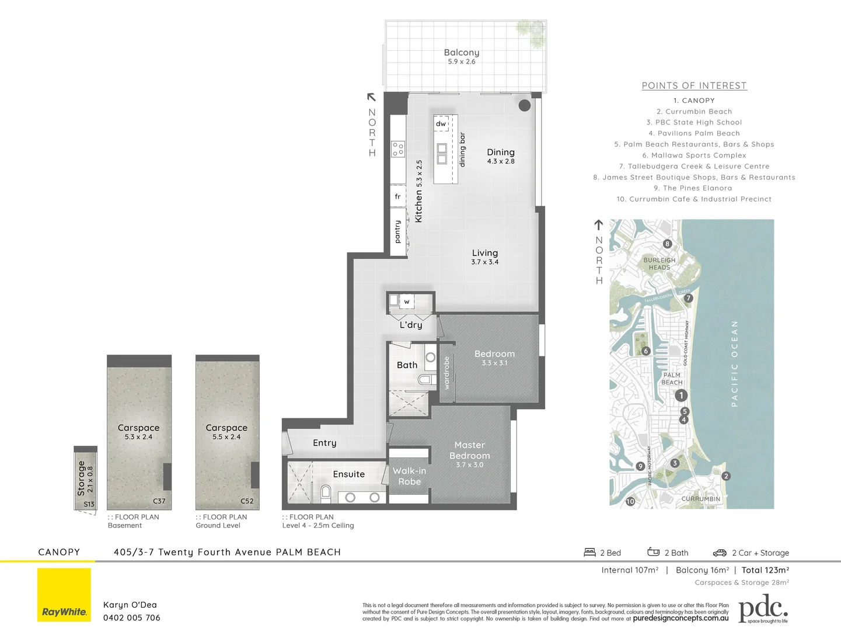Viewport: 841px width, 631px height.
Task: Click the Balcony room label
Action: click(461, 53)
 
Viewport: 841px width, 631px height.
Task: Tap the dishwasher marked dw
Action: click(441, 124)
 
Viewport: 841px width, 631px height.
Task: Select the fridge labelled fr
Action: click(397, 197)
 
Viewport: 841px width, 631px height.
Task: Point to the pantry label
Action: click(397, 232)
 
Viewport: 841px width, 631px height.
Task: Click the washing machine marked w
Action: click(407, 301)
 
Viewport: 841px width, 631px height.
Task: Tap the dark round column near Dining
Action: click(525, 105)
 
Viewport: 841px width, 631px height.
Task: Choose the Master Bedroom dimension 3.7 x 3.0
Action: click(469, 465)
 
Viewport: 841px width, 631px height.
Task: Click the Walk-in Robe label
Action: click(409, 476)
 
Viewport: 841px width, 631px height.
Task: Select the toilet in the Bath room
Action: click(425, 380)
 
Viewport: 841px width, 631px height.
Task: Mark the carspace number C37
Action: click(159, 501)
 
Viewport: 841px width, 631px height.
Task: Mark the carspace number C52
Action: click(247, 501)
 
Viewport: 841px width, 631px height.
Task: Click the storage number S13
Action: click(89, 504)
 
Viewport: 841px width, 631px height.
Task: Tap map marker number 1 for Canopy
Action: click(681, 396)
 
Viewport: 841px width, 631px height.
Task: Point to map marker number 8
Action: click(667, 244)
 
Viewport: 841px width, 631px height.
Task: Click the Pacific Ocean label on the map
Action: click(734, 363)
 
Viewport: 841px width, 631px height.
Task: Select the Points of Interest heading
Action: click(694, 86)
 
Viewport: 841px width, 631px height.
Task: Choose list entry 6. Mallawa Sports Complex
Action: click(694, 155)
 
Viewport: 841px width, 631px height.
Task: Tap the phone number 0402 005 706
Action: click(131, 618)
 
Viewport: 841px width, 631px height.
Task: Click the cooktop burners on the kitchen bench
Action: click(398, 149)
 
